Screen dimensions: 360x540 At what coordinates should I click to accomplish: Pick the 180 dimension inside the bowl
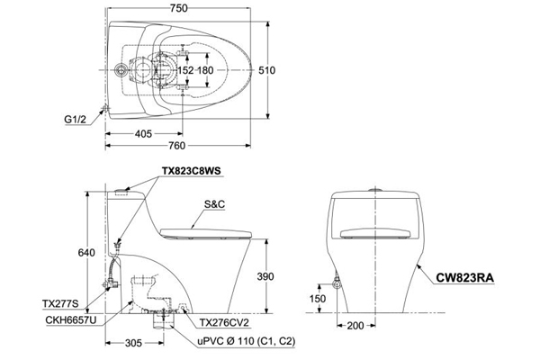point(207,70)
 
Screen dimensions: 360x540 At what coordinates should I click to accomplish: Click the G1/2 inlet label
point(75,116)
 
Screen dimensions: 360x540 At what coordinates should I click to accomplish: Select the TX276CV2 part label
point(223,320)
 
